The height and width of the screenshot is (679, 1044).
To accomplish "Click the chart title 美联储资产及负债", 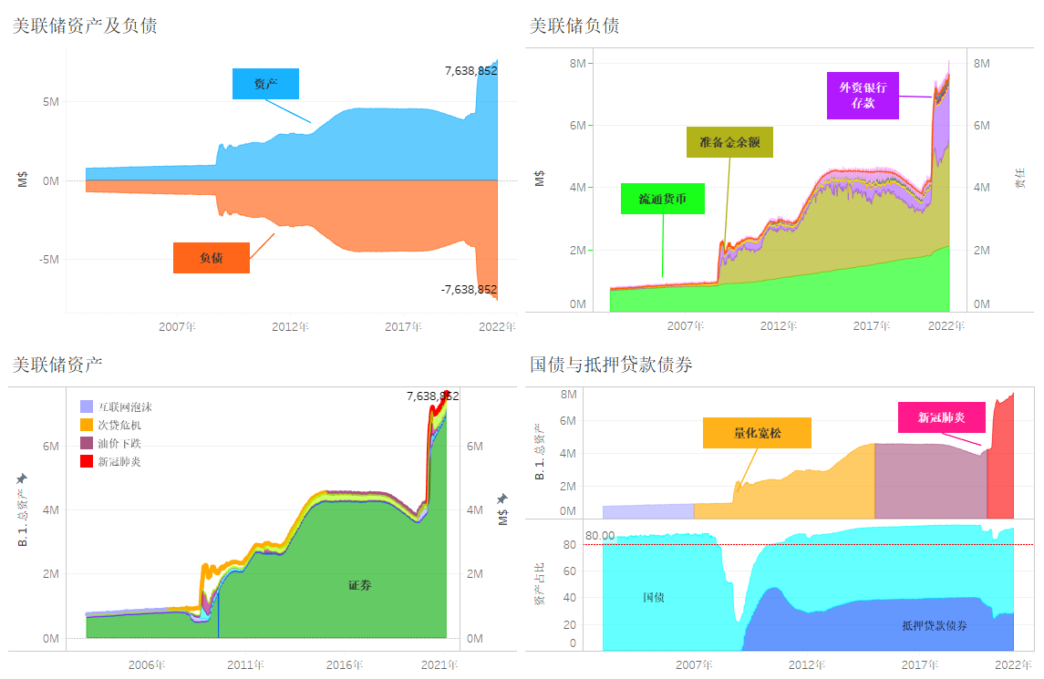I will [84, 26].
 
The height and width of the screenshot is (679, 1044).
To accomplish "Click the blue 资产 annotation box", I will [265, 84].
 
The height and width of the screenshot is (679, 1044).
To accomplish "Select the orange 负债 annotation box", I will [212, 259].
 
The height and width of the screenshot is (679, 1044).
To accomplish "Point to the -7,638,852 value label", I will [469, 290].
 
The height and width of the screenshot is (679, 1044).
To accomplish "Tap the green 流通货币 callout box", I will [663, 199].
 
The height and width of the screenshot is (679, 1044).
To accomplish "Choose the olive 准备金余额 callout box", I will [729, 142].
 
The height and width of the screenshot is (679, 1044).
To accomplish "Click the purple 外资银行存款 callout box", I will [863, 96].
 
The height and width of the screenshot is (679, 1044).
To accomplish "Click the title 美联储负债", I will [574, 26].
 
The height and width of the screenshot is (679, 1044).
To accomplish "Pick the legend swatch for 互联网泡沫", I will [88, 406].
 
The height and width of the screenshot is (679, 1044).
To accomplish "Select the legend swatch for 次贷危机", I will [88, 425].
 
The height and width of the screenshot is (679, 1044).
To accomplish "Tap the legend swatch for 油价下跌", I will [88, 443].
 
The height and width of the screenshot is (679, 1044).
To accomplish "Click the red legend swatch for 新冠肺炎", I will [88, 461].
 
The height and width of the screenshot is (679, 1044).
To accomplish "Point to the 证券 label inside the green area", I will [360, 585].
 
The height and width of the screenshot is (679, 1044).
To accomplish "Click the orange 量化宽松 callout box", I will [757, 433].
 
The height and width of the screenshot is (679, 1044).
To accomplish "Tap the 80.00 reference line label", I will [600, 536].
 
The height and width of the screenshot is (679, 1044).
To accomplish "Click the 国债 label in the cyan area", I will [653, 598].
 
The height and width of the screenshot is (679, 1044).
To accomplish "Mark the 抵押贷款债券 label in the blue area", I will [935, 626].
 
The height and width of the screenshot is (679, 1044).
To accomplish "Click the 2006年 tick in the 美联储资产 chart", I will [147, 665].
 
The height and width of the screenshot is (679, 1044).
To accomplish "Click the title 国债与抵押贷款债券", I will [611, 365].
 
